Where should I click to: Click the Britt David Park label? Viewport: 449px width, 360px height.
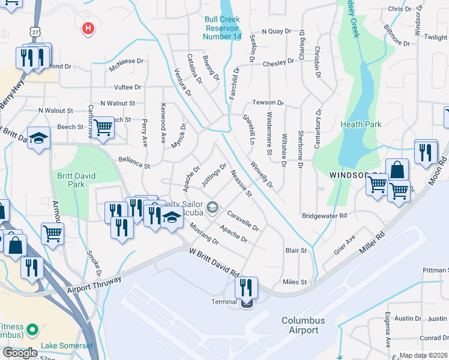coord(76,181)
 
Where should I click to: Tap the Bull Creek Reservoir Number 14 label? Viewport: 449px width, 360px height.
coord(222,28)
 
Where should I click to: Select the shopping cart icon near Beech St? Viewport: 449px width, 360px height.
coord(103,128)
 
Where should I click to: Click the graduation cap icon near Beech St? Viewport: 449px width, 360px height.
coord(39,139)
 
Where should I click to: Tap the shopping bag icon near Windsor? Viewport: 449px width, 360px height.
coord(397,170)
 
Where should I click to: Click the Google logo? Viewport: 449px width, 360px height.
coord(20,352)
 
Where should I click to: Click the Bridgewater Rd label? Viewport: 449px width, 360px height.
coord(325,215)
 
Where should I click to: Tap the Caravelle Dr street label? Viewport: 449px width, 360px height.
coord(243,220)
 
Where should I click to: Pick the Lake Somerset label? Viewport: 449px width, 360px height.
coord(67,346)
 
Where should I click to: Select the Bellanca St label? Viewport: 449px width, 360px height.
coord(134,161)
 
